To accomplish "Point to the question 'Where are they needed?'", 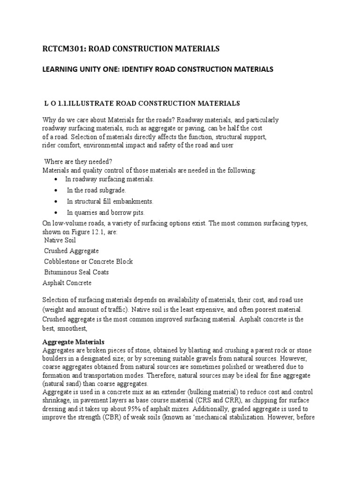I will [78, 161].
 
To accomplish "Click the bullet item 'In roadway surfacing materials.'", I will [110, 179].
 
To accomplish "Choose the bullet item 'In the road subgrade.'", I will [97, 190].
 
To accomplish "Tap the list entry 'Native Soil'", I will [60, 240].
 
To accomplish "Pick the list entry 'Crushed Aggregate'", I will [71, 251].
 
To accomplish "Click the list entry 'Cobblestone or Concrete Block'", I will [88, 262].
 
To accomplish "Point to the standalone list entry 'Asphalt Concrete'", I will [67, 283].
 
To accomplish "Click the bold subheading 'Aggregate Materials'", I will [74, 342].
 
